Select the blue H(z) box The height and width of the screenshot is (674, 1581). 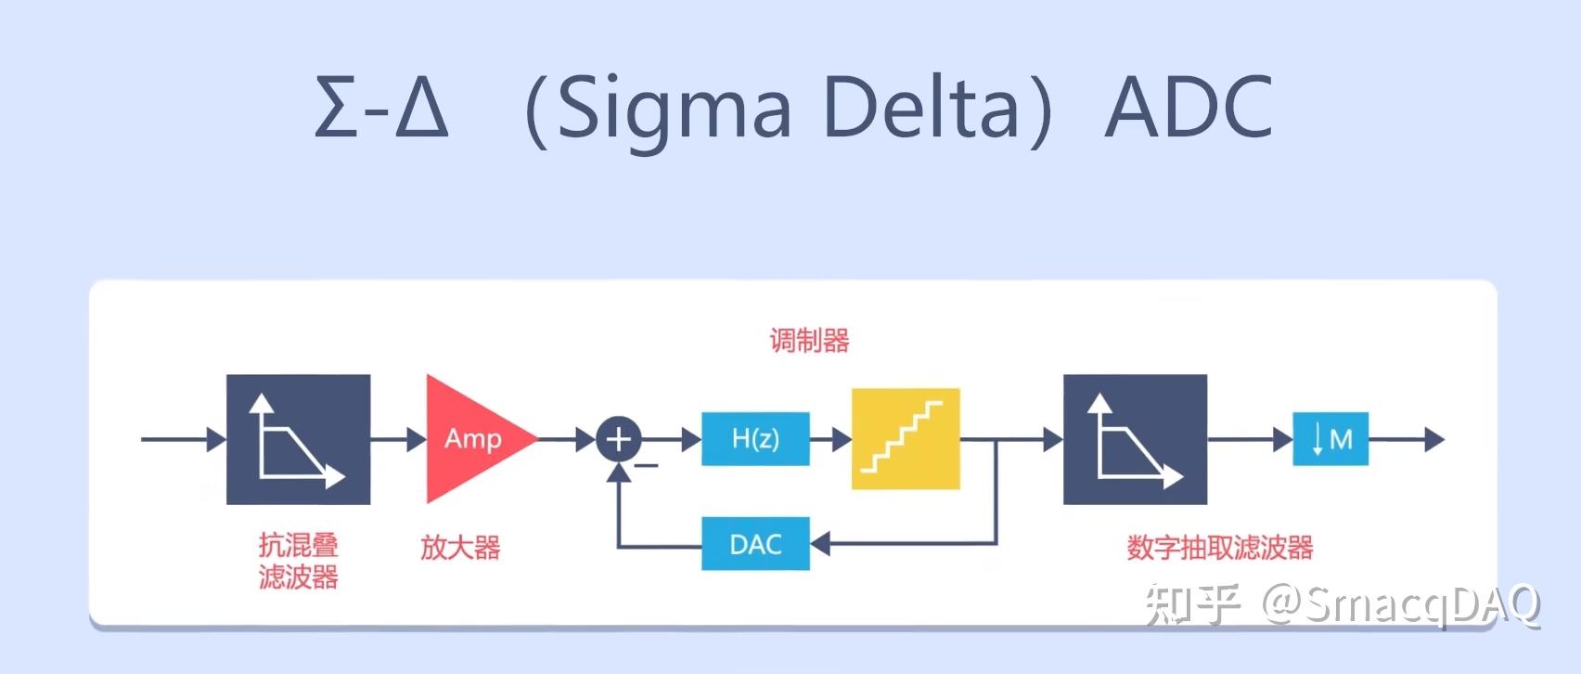pos(755,438)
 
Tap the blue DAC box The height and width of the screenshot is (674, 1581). pos(755,544)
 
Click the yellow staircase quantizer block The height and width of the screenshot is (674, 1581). pos(906,439)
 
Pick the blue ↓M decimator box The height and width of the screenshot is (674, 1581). pos(1330,439)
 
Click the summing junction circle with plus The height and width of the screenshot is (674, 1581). pos(619,439)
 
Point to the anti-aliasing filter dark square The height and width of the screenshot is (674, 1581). pos(299,439)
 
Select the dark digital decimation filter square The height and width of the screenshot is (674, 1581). pos(1135,439)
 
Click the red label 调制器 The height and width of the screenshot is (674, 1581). pos(809,341)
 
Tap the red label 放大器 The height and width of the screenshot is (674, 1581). pos(460,547)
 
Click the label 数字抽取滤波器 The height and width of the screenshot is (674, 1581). pos(1220,547)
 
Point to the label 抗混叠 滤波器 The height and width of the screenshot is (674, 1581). pos(299,561)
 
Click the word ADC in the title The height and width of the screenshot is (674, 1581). pos(1189,108)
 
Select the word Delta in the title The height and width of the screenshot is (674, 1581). pos(920,108)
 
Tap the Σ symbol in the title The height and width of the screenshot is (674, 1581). pos(336,108)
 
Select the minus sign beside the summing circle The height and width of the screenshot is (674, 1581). pos(647,465)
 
